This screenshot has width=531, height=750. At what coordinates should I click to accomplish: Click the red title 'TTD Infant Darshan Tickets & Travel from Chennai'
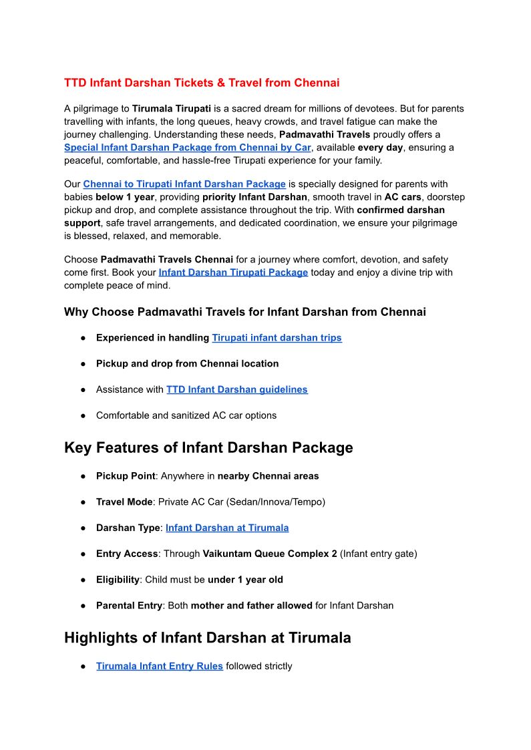point(202,83)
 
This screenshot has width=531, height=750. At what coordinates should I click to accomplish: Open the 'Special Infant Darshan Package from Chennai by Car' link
point(188,148)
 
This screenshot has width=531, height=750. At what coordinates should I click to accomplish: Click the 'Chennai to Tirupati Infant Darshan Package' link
point(184,184)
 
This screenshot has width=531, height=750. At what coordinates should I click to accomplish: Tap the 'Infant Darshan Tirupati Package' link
point(233,272)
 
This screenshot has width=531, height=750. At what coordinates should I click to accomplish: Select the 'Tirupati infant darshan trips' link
point(277,338)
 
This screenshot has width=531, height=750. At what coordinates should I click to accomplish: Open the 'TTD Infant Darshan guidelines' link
point(237,389)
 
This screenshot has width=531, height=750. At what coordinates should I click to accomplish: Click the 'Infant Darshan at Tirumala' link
point(227,528)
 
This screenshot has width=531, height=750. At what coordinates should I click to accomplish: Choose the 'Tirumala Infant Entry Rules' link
point(160,666)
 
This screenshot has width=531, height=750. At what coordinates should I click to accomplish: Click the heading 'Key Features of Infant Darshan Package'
point(208,447)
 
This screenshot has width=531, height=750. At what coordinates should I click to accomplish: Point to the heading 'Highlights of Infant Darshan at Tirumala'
point(207,638)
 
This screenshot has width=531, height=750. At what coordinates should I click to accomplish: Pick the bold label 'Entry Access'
point(127,554)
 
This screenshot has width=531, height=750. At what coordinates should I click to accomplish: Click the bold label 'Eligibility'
point(118,580)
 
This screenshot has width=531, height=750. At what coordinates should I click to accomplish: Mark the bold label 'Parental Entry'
point(129,606)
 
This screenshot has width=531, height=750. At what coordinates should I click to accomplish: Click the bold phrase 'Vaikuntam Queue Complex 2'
point(270,554)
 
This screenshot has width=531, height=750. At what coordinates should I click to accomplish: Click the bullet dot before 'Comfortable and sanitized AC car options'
point(83,415)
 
